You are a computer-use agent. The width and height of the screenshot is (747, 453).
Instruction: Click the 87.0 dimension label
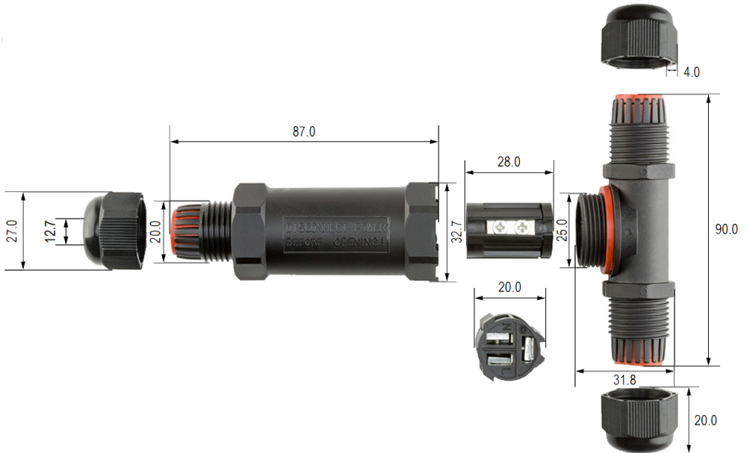(x=303, y=131)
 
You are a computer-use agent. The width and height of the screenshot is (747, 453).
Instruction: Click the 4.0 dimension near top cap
(x=692, y=72)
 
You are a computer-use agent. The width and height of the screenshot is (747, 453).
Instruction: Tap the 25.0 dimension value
(x=561, y=230)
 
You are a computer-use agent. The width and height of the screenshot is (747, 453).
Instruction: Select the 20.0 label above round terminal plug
(x=509, y=287)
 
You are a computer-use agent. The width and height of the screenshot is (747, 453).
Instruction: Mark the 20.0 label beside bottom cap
(x=705, y=420)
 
